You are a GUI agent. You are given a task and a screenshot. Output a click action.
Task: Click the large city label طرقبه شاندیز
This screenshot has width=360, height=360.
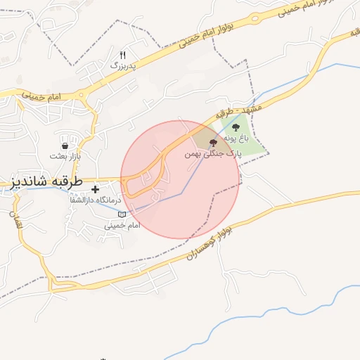[x=46, y=181]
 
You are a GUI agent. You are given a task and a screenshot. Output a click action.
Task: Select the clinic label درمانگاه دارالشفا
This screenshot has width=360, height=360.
[x=94, y=200]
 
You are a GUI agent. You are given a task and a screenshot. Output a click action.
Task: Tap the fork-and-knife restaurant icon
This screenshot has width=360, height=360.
[x=123, y=54]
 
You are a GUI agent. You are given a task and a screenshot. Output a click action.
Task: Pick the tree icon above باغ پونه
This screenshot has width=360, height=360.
[x=236, y=127]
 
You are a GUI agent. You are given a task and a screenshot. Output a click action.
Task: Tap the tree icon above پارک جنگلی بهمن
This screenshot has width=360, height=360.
[x=213, y=143]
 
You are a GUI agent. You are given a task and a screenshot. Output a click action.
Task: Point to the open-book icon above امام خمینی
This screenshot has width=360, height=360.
[x=122, y=214]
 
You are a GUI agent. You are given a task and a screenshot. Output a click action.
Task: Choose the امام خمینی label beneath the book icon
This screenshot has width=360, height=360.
[x=122, y=225]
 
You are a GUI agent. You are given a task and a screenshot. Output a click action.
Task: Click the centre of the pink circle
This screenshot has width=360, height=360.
[x=180, y=180]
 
